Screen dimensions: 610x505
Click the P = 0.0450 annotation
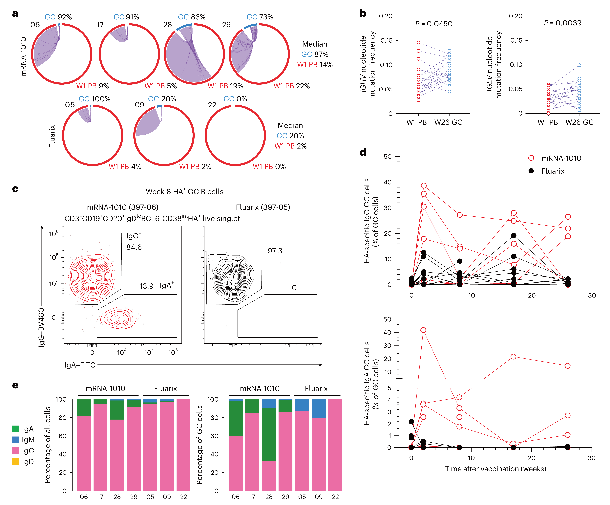pyautogui.click(x=434, y=24)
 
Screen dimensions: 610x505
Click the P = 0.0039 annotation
pyautogui.click(x=563, y=23)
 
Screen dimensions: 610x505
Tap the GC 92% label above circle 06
pyautogui.click(x=58, y=17)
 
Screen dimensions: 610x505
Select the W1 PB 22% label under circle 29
pyautogui.click(x=292, y=86)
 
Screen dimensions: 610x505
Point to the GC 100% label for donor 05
pyautogui.click(x=95, y=99)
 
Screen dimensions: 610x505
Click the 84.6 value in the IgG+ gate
pyautogui.click(x=134, y=247)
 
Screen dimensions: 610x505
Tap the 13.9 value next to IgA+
pyautogui.click(x=146, y=286)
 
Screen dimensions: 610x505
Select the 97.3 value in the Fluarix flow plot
pyautogui.click(x=275, y=251)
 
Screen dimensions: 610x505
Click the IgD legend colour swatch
pyautogui.click(x=16, y=461)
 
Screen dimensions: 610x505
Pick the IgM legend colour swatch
pyautogui.click(x=16, y=440)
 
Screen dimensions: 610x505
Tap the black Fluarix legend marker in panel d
pyautogui.click(x=531, y=171)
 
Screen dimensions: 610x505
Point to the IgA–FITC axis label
pyautogui.click(x=80, y=365)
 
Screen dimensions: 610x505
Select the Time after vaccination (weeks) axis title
pyautogui.click(x=496, y=469)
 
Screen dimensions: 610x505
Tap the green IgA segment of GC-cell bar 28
pyautogui.click(x=269, y=434)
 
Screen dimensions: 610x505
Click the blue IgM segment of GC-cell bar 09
pyautogui.click(x=319, y=408)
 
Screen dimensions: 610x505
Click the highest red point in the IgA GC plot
pyautogui.click(x=423, y=330)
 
